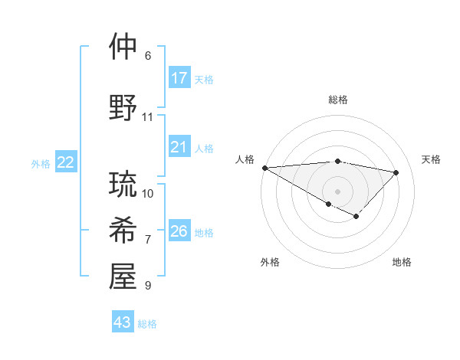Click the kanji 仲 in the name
click(123, 47)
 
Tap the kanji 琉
click(123, 185)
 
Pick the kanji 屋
click(123, 277)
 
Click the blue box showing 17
click(179, 78)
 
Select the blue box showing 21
click(179, 147)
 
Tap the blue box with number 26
click(179, 231)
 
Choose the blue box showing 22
click(66, 162)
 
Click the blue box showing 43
click(123, 322)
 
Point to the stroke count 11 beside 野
click(148, 117)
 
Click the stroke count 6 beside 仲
click(148, 56)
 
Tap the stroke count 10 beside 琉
click(148, 193)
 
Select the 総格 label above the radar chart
click(337, 100)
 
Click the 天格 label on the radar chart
click(432, 159)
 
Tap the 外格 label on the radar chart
click(270, 262)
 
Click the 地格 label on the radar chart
click(402, 262)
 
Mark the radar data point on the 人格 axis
click(264, 168)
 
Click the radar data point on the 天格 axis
click(396, 172)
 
